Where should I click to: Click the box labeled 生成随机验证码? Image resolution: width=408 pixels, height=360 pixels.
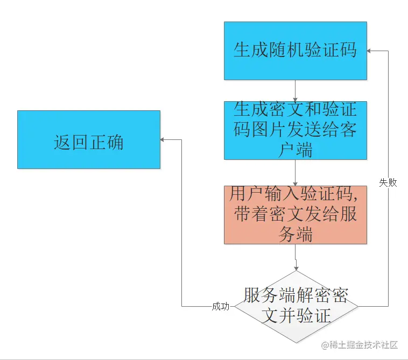[x=296, y=51]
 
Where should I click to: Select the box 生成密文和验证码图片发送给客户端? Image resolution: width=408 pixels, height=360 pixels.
[x=296, y=130]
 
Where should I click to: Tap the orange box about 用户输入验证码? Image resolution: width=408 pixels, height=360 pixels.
[x=296, y=215]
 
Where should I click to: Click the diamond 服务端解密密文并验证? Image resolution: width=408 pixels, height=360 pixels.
[x=296, y=306]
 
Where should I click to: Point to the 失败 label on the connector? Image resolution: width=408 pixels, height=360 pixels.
[x=388, y=182]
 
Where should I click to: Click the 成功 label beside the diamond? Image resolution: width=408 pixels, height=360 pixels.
[x=221, y=307]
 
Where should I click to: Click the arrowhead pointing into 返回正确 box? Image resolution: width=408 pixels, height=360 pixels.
[x=163, y=140]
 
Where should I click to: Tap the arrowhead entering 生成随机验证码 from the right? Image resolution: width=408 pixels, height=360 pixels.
[x=370, y=51]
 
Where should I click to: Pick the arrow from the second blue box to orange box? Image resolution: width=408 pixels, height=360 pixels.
[x=296, y=173]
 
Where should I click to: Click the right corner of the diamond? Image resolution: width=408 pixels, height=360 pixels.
[x=357, y=306]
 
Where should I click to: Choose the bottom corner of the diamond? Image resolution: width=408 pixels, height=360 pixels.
[x=296, y=343]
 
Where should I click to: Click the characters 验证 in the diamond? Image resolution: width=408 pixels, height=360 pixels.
[x=313, y=315]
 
